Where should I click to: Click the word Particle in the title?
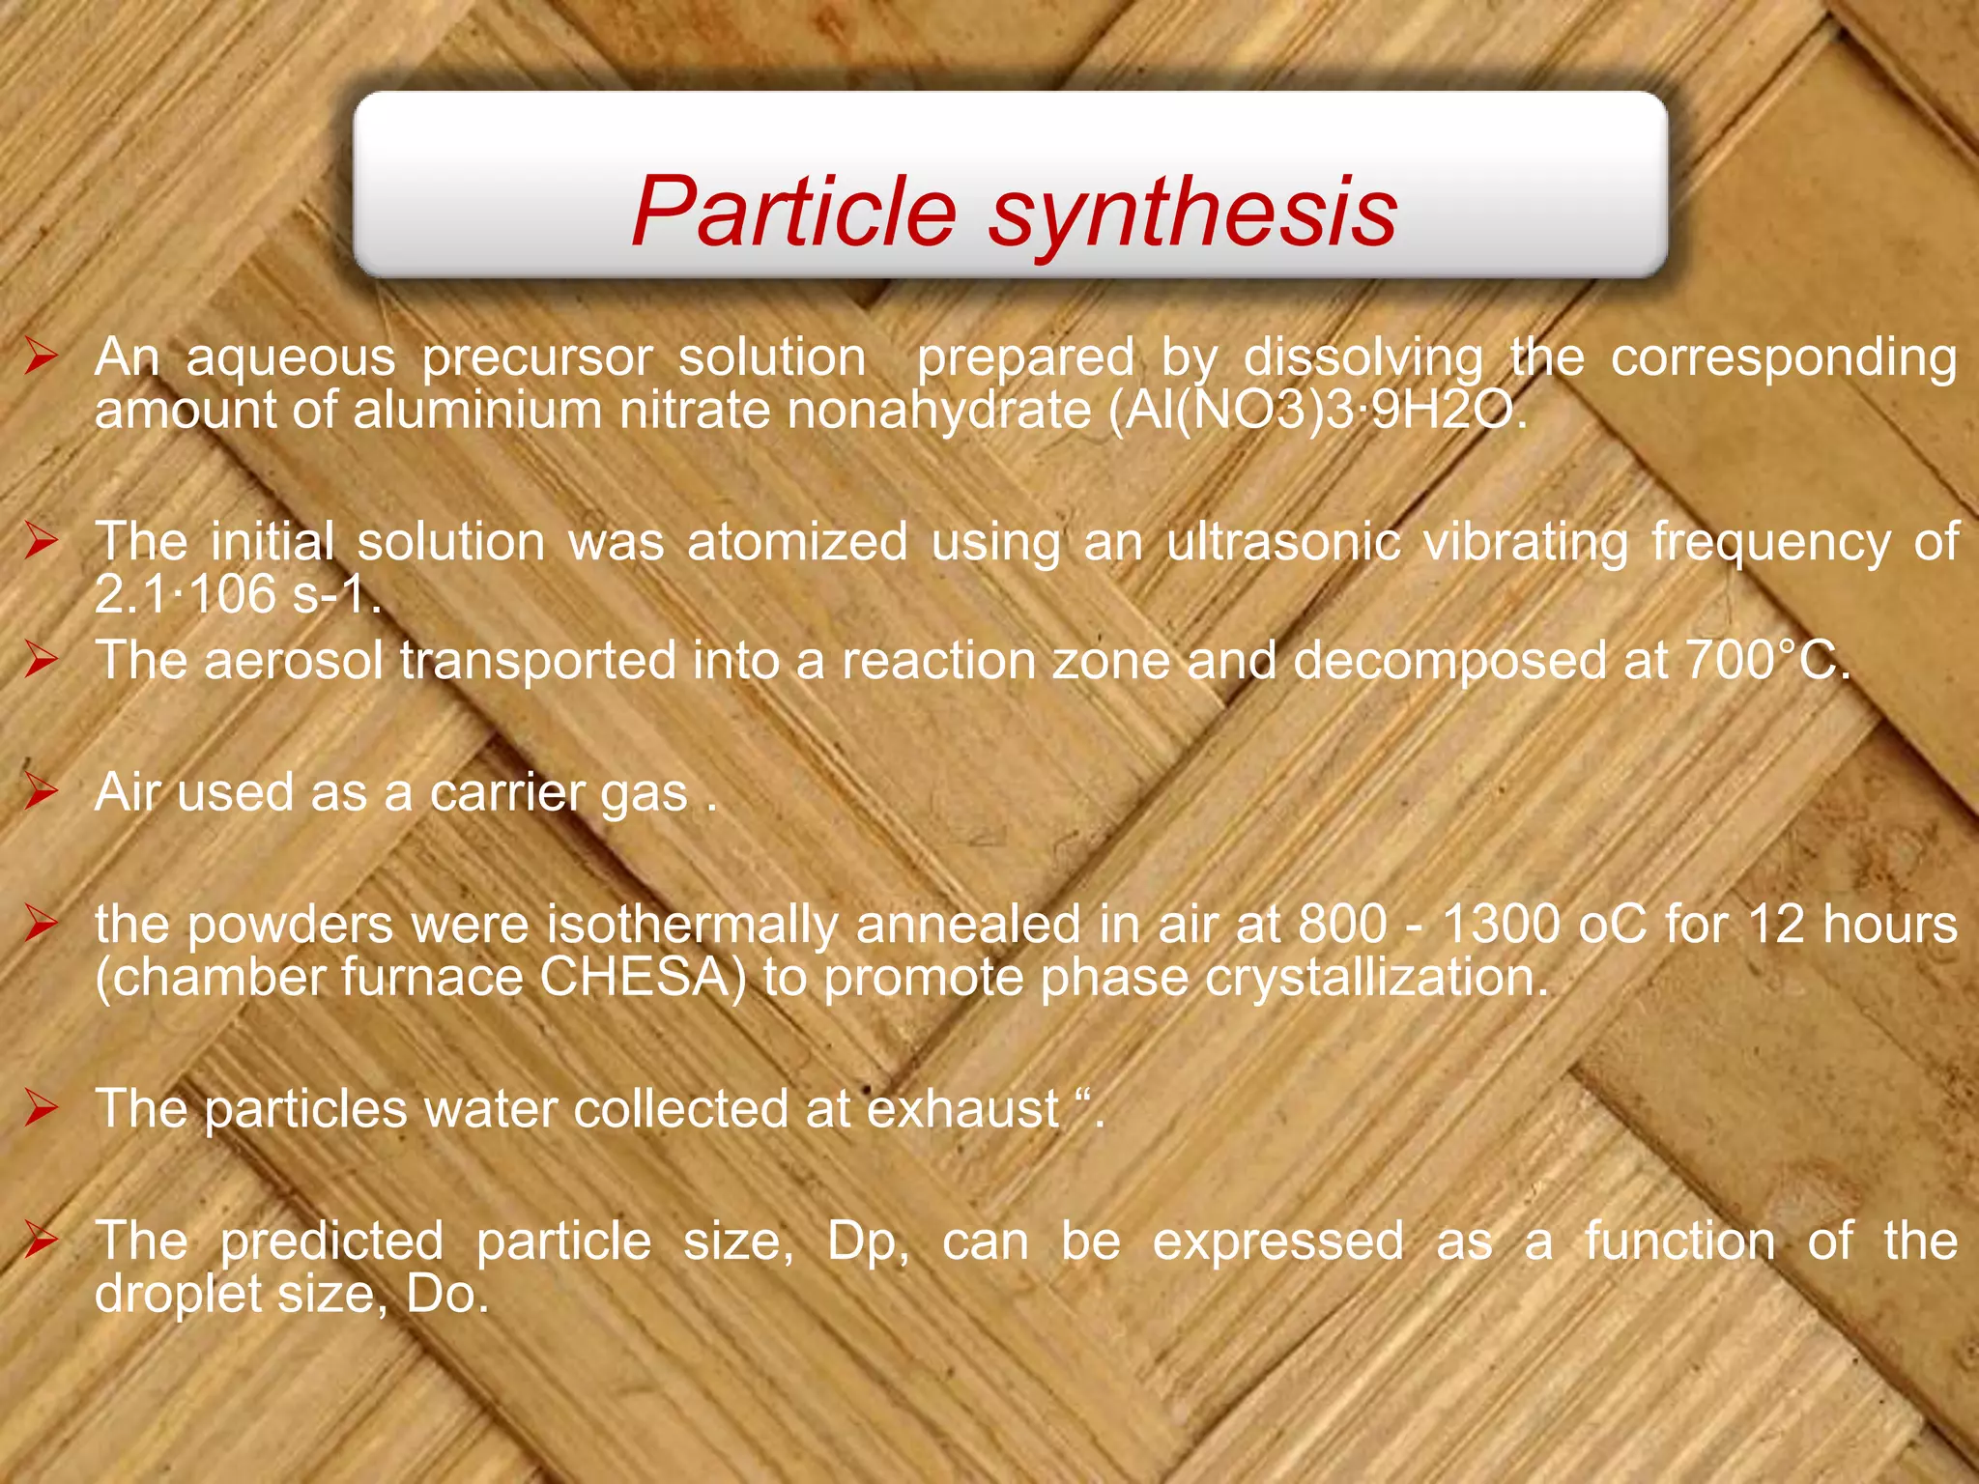coord(794,212)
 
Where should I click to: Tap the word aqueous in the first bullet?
coord(291,357)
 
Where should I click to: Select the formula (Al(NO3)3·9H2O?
coord(1318,411)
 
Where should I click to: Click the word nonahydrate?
coord(938,411)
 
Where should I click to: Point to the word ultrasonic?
coord(1283,541)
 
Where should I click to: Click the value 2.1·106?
coord(185,593)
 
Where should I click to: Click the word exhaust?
coord(962,1109)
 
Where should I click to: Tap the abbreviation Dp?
coord(867,1241)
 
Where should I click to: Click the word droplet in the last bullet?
coord(178,1294)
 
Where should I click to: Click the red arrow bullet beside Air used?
coord(42,791)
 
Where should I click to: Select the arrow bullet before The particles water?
coord(42,1108)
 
